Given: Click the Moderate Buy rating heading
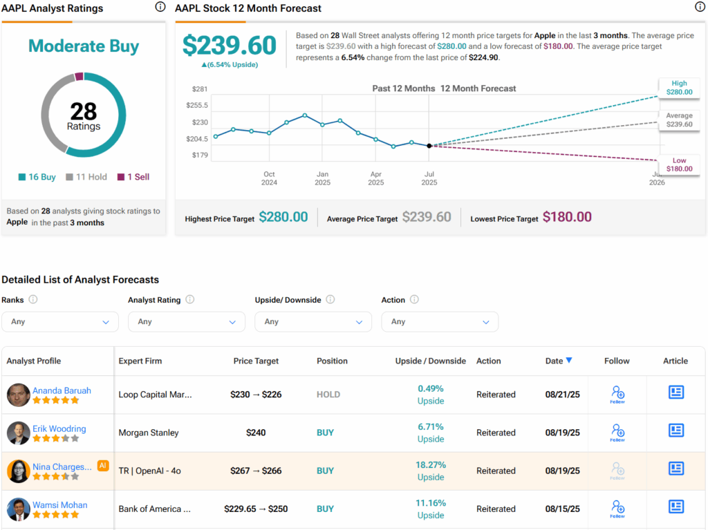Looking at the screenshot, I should [84, 46].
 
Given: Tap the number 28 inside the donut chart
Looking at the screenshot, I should [84, 111].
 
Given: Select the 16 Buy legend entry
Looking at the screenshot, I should [37, 177].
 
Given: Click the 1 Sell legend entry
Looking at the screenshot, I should [133, 177].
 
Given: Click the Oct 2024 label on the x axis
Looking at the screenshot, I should [269, 178].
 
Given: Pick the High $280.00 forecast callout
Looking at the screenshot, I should [678, 87].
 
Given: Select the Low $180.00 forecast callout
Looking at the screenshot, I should [678, 164].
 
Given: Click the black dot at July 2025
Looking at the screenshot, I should [429, 146].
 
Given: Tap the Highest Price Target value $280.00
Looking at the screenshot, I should [283, 218].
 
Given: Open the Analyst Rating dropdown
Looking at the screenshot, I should [187, 321].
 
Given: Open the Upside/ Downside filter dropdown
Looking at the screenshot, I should [313, 321].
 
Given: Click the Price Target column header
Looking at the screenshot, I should [257, 361].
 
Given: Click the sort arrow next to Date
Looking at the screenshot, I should [569, 360].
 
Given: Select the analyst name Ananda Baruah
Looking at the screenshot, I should [62, 390].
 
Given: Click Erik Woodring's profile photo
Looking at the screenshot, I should [19, 433].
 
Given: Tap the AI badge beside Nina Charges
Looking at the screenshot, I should [103, 466].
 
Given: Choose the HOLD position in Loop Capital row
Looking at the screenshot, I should [328, 395].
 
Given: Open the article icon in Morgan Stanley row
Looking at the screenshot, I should [676, 430].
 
